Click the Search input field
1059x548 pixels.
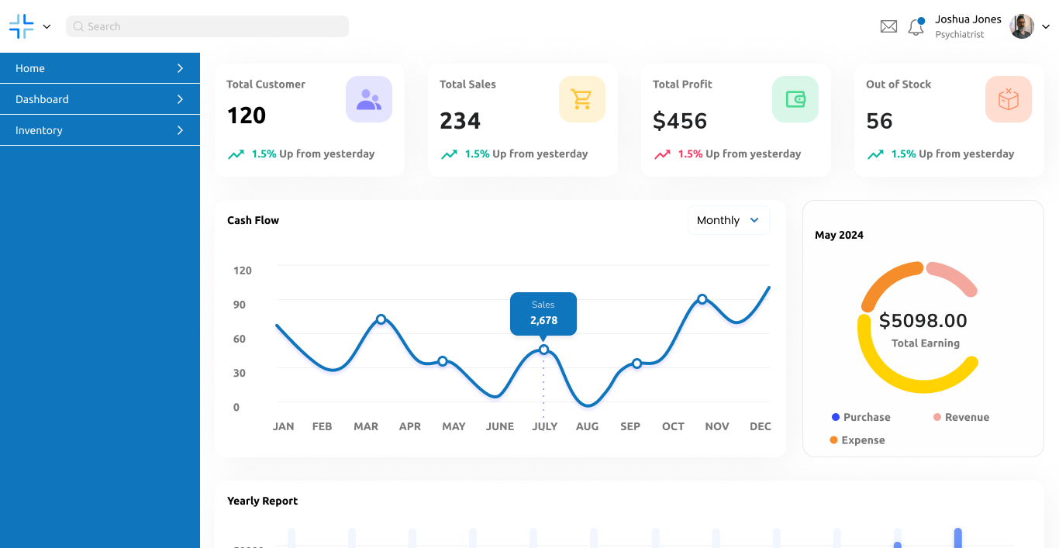208,26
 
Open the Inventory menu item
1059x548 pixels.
100,130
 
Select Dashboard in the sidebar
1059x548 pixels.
100,99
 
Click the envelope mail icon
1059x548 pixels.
888,26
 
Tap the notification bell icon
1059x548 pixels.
916,27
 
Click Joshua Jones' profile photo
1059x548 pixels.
1022,26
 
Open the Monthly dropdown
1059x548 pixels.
728,220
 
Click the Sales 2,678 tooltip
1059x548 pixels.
543,313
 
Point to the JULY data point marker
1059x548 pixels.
543,350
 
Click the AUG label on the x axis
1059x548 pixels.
587,426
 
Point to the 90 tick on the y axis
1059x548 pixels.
240,305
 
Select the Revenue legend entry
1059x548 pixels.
961,417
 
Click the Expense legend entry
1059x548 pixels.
857,440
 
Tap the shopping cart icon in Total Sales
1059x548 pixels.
582,99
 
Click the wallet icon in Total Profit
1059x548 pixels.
795,99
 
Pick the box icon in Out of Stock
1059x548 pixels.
1009,99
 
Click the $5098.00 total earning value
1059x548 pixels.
923,321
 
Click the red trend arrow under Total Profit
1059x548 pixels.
662,154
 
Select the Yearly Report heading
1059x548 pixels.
262,501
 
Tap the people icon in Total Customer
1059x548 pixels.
369,99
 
